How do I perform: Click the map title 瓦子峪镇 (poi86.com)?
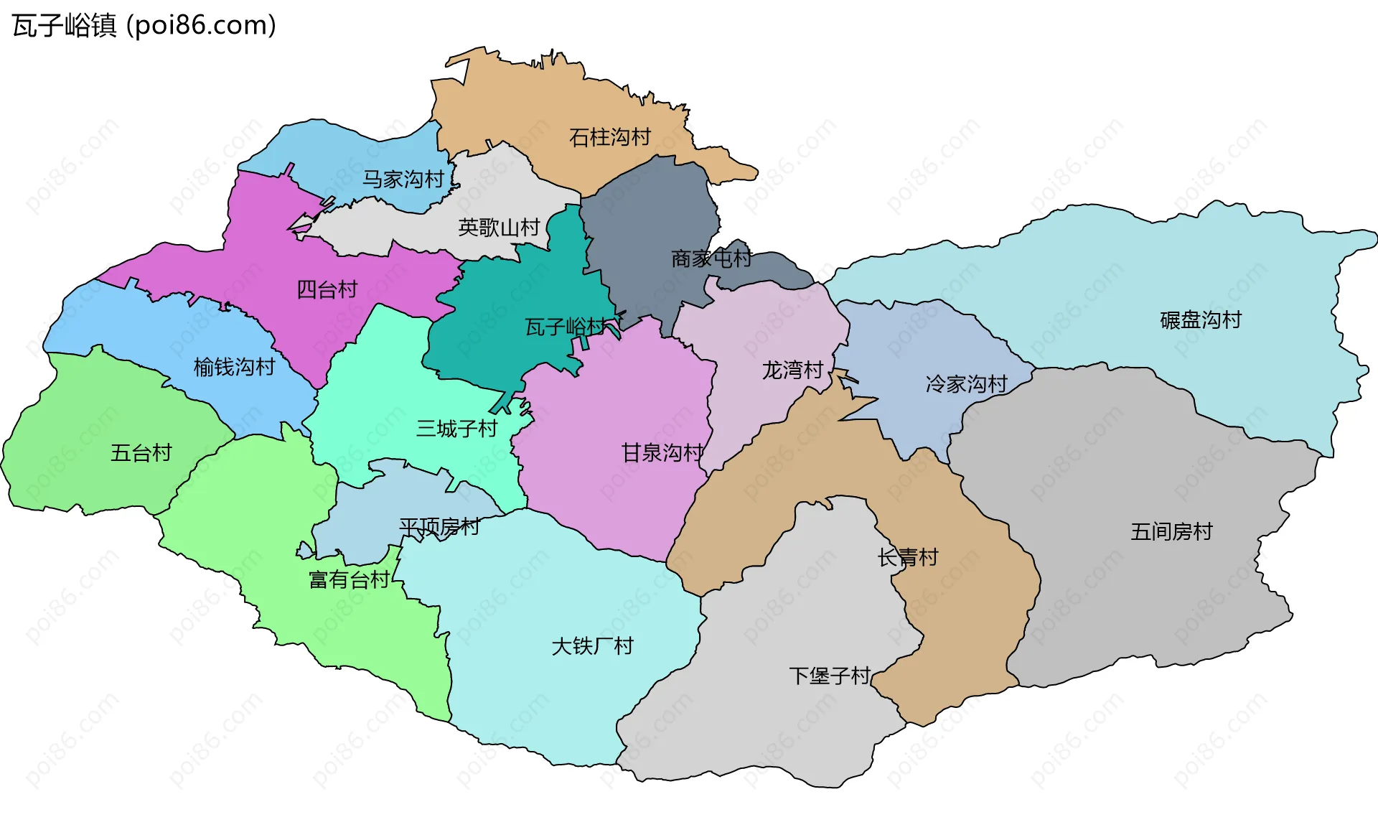coord(144,26)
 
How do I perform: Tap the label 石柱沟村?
coord(609,137)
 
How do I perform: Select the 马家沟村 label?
coord(403,179)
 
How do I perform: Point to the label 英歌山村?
coord(499,228)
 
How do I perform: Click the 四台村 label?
coord(327,289)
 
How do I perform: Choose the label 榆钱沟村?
coord(234,367)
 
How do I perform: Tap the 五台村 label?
coord(141,452)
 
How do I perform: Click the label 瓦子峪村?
coord(566,327)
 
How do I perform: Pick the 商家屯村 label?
coord(711,258)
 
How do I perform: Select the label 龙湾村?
coord(792,370)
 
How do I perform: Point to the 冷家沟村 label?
coord(967,384)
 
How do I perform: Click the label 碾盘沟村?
coord(1201,319)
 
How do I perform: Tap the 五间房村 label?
coord(1171,531)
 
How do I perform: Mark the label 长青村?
coord(908,557)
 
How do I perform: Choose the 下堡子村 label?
coord(830,676)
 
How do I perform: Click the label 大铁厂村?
coord(592,646)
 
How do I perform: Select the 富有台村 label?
coord(350,579)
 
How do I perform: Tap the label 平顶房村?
coord(439,527)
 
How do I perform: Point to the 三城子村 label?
coord(456,429)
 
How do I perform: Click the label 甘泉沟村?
coord(662,452)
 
